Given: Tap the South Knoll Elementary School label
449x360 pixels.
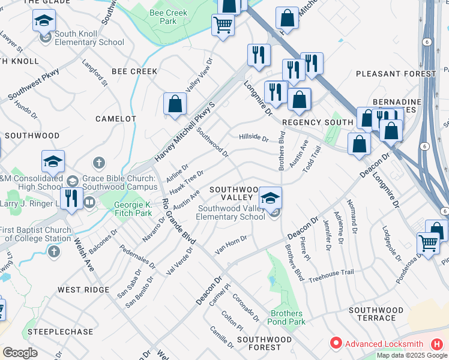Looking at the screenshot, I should [x=89, y=38].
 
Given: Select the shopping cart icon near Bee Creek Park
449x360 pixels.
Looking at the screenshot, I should [x=223, y=25].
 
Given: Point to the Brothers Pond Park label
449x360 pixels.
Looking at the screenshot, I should [x=286, y=317].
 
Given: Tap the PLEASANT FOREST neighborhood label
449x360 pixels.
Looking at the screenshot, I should [x=396, y=73].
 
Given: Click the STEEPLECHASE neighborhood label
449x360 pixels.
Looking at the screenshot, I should [x=60, y=332].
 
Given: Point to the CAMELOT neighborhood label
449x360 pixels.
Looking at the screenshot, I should [x=116, y=119].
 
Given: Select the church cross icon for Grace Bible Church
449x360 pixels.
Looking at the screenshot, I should [x=100, y=163].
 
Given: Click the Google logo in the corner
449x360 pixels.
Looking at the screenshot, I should [x=20, y=353].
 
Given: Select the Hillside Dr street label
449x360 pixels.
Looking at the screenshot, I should [x=253, y=137].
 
